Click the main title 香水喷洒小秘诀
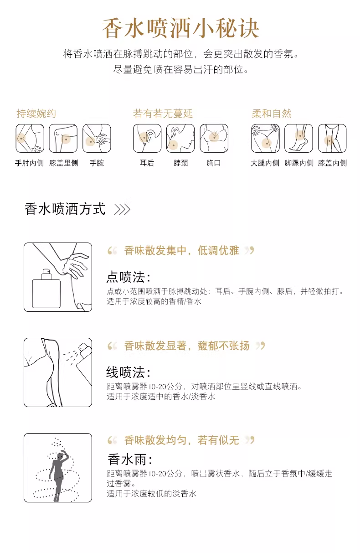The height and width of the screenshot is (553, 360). tap(180, 28)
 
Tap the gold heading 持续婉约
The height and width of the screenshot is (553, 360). tap(36, 114)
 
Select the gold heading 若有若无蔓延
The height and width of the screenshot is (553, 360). tap(163, 114)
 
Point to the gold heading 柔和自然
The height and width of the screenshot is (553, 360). tap(272, 114)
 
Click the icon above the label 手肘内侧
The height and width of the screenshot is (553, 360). tap(30, 138)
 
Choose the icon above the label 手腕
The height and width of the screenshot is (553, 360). tap(97, 138)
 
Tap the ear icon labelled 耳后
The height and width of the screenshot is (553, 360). tap(147, 138)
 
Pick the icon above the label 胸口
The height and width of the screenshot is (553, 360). tap(214, 138)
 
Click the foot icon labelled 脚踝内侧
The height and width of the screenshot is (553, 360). tap(298, 138)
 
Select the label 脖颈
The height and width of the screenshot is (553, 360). tap(180, 163)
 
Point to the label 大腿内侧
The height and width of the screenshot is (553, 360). tap(265, 163)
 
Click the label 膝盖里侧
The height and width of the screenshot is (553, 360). tap(64, 163)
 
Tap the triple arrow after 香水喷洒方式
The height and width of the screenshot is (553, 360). tap(123, 210)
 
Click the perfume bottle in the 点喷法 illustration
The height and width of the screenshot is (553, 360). tap(46, 289)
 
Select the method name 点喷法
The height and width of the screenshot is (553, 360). tap(128, 277)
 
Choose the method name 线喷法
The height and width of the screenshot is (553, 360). tap(128, 372)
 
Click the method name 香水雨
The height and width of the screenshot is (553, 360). tap(130, 460)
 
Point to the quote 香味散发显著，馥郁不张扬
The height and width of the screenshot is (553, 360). tap(186, 346)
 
